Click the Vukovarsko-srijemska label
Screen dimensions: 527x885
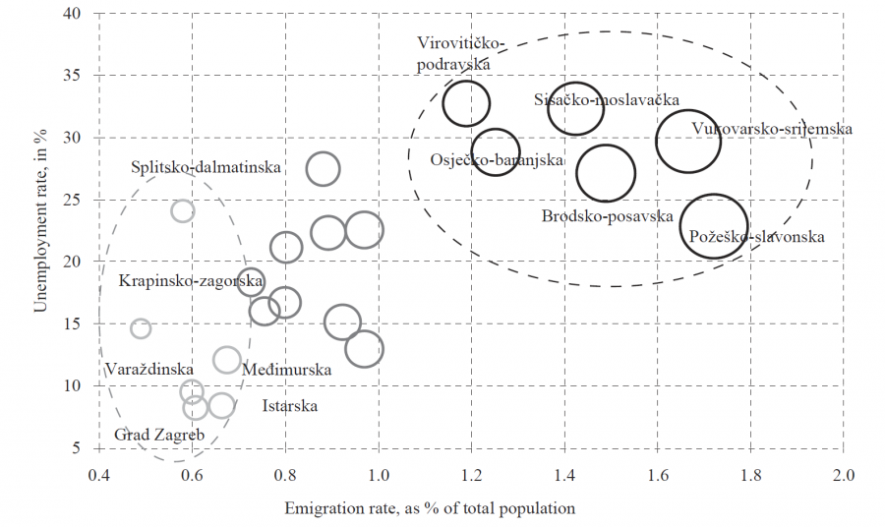(x=772, y=129)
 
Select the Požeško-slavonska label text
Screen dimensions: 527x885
(x=756, y=237)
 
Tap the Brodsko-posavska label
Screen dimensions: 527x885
(x=607, y=216)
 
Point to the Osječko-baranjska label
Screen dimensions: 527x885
(x=497, y=160)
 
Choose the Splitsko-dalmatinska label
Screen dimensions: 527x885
(x=206, y=167)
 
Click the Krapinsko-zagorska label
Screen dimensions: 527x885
(x=191, y=281)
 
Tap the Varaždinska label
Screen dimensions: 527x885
(x=143, y=369)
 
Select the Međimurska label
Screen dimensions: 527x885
(x=286, y=370)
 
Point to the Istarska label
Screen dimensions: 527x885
(x=290, y=405)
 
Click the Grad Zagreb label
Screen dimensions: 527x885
(x=159, y=435)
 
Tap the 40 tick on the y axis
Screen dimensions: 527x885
(x=75, y=14)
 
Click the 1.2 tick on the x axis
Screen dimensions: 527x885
(x=471, y=477)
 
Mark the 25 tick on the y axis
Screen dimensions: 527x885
(x=75, y=200)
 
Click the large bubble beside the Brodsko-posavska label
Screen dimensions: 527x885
(x=606, y=173)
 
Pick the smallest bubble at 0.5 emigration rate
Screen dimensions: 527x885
(x=141, y=328)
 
